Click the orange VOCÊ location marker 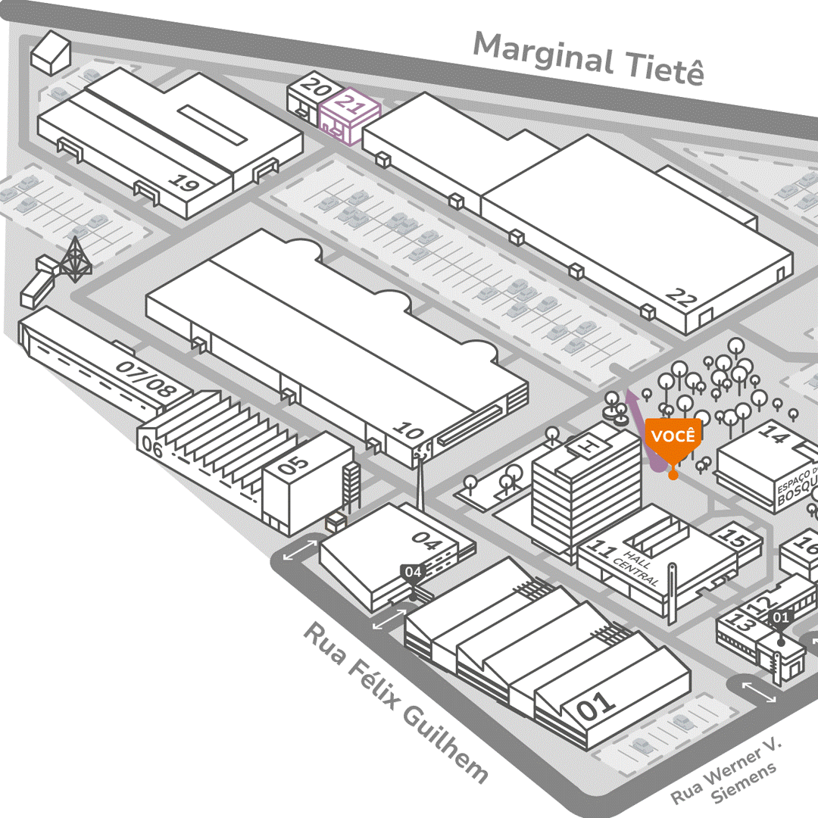[x=673, y=439]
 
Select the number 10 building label [x=409, y=432]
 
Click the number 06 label [x=152, y=449]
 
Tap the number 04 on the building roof [x=426, y=541]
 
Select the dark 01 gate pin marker [x=780, y=618]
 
